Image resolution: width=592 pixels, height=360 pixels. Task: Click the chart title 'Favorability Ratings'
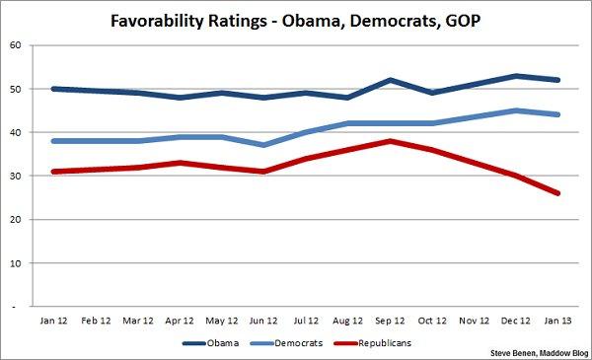[x=296, y=18]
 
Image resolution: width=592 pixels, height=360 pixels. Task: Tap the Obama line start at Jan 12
[x=52, y=89]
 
